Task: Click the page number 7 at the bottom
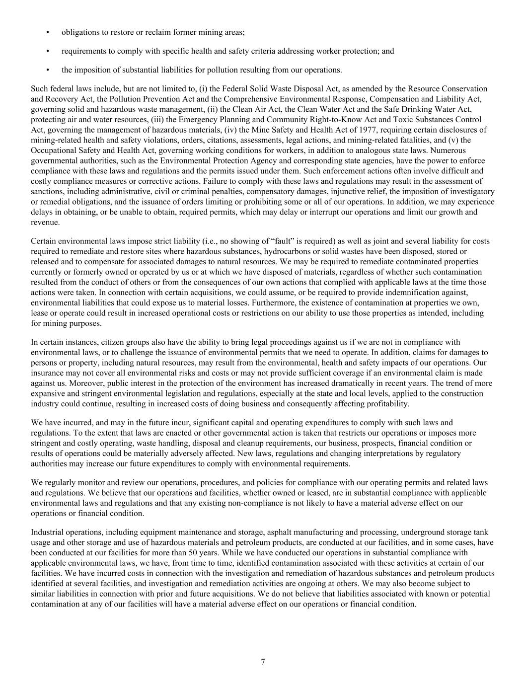[263, 662]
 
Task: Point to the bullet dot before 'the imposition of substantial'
[48, 70]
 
